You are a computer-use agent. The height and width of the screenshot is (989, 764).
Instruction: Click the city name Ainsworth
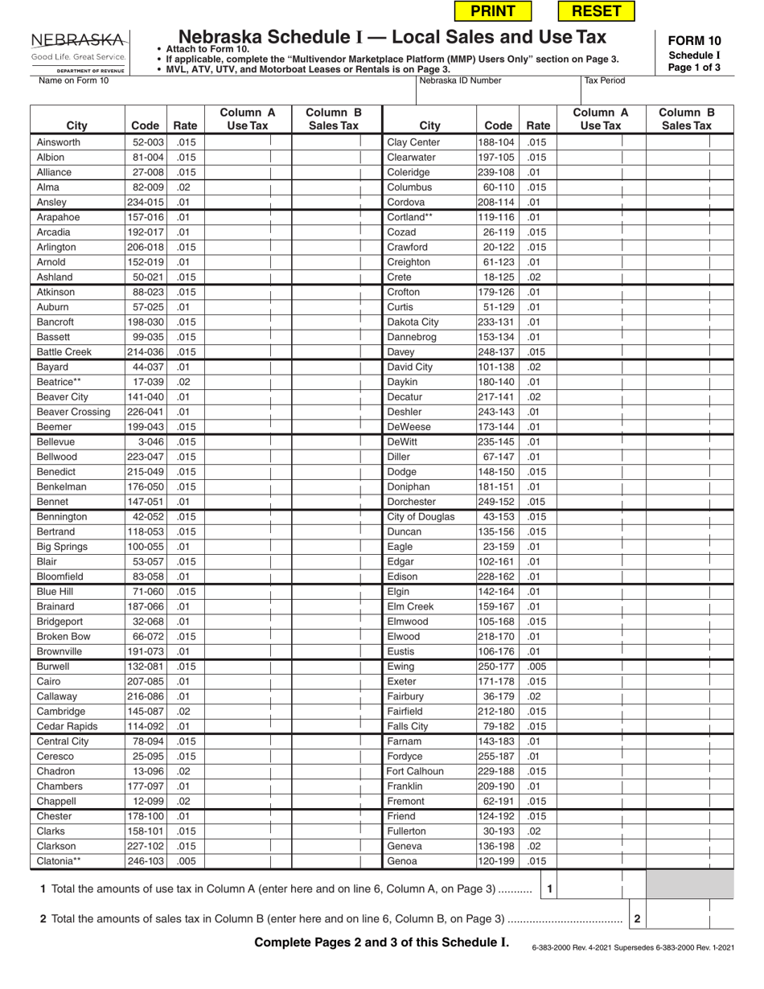coord(59,142)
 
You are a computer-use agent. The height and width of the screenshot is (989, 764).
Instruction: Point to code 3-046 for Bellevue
coord(146,442)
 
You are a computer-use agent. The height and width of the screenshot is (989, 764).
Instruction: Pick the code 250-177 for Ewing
coord(495,667)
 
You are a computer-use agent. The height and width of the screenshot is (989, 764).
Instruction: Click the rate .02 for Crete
coord(535,277)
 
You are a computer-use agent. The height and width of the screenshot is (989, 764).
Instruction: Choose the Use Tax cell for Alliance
coord(248,173)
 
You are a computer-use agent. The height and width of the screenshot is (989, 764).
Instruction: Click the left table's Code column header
coord(146,125)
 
